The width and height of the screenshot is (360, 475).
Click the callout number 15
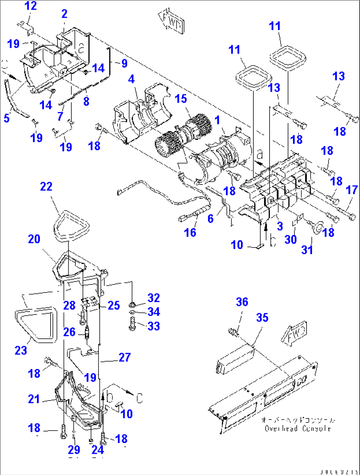tap(181, 98)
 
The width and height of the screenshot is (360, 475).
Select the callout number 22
tap(46, 187)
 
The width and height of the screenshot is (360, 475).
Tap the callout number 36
tap(242, 302)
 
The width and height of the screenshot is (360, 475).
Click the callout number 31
tap(307, 250)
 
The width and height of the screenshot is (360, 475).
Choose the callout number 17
tap(352, 190)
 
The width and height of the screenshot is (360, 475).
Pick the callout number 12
tap(31, 6)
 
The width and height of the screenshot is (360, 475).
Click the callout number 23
tap(21, 350)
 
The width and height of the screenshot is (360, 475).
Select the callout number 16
tap(190, 232)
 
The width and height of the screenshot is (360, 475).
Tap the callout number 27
tap(125, 357)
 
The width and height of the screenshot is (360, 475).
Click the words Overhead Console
tap(297, 428)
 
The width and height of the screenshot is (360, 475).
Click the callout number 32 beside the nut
tap(154, 298)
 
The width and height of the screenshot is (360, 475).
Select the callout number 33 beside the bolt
tap(154, 326)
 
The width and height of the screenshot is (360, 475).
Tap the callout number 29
tap(74, 449)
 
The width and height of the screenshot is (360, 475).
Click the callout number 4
tap(131, 79)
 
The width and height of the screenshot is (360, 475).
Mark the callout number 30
tap(291, 239)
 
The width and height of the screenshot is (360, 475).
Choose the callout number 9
tap(124, 63)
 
